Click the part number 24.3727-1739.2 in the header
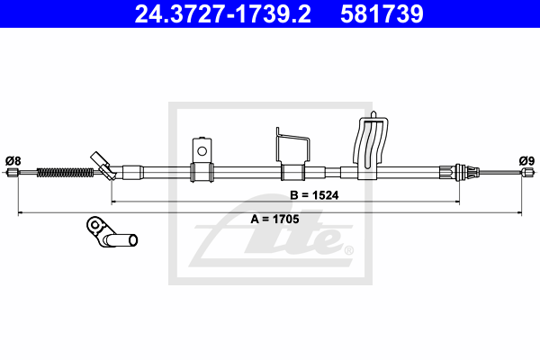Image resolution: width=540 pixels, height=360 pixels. [222, 13]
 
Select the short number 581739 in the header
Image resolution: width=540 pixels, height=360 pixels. [382, 13]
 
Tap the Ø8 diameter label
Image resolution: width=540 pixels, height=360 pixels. [13, 161]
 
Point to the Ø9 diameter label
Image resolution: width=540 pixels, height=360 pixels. [526, 161]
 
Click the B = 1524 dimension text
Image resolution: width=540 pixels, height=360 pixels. [314, 195]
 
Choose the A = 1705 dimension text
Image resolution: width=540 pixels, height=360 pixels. [274, 219]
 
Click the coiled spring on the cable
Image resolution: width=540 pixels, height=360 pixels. [65, 172]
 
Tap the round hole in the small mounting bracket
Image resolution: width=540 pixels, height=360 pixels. [202, 151]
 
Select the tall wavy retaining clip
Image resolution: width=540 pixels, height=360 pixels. [371, 145]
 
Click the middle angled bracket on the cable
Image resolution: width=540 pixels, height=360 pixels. [292, 154]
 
